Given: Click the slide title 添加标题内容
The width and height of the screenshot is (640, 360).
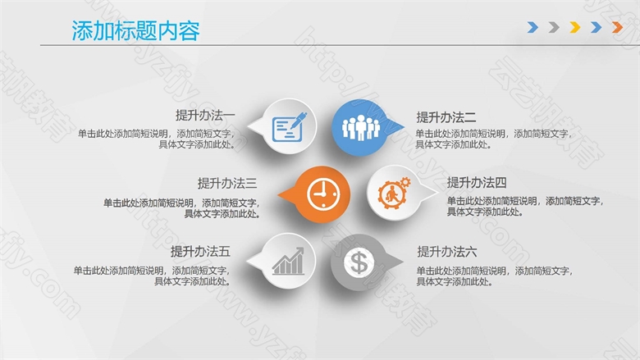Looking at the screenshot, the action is [136, 30].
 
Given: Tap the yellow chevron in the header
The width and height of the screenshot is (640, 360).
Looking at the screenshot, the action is [575, 27].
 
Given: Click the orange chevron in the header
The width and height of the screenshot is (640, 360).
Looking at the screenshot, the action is [618, 27].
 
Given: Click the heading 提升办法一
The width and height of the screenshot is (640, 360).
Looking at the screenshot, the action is [205, 116].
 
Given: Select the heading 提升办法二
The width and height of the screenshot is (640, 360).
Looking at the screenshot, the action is [446, 117].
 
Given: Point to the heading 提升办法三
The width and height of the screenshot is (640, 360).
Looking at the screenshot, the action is [227, 183].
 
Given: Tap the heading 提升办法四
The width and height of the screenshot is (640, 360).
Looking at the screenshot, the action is [477, 182].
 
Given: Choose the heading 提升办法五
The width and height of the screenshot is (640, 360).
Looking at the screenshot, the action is [200, 251].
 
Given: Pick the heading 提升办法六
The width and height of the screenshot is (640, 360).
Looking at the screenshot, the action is [447, 252].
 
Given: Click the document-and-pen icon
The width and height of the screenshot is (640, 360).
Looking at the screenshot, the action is [290, 127].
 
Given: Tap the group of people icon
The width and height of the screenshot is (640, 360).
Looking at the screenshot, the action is [361, 128].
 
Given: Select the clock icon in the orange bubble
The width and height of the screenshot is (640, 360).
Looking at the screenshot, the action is [323, 194].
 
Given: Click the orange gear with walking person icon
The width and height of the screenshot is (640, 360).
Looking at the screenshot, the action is [394, 193].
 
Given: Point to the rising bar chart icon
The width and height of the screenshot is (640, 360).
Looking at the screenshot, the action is [288, 261].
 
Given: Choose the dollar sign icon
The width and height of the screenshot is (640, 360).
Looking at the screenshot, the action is [359, 262].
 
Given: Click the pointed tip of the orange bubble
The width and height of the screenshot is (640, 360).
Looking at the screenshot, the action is [278, 194].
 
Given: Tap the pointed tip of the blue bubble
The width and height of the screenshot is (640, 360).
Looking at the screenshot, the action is [404, 127].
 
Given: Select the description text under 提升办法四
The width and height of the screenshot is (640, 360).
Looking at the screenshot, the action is [525, 207].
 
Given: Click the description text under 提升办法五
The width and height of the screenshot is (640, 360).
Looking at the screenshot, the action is [152, 276].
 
